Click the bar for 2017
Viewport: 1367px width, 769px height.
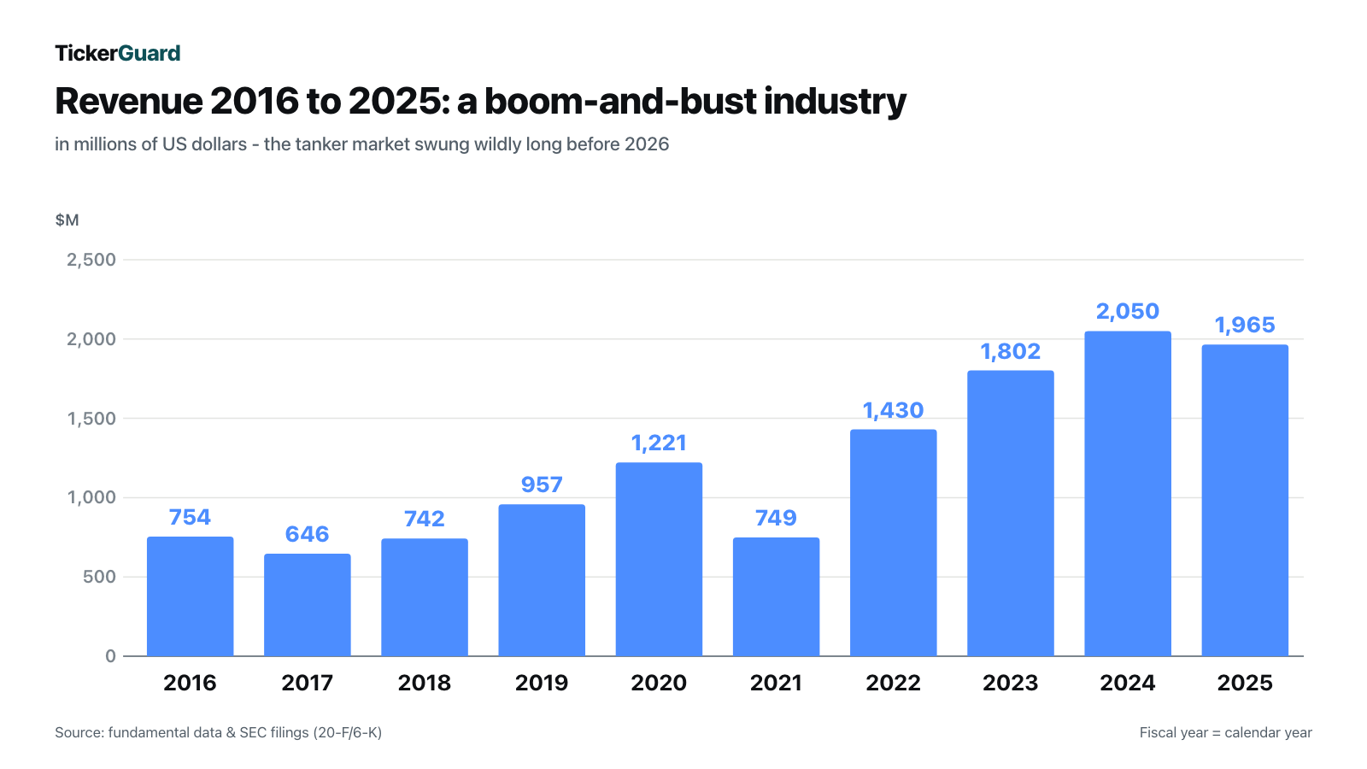308,605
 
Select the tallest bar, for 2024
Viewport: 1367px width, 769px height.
1128,494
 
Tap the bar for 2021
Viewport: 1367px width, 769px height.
777,597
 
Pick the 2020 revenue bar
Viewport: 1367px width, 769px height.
659,559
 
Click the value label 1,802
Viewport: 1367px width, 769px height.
1011,351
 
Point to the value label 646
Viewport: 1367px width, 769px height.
307,534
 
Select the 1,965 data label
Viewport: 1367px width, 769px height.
1245,325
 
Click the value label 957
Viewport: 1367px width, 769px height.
542,484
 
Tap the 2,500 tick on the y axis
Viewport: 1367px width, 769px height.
91,260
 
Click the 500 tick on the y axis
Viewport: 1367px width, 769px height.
99,577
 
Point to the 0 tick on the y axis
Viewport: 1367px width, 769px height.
110,656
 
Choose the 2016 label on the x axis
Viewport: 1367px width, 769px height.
190,683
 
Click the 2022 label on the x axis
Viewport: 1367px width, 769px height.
894,683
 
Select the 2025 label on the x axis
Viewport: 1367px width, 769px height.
1245,683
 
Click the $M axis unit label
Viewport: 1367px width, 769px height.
67,220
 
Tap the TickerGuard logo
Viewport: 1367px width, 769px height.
118,53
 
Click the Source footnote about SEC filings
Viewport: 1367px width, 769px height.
219,732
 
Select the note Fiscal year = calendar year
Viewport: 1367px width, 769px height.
1225,732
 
